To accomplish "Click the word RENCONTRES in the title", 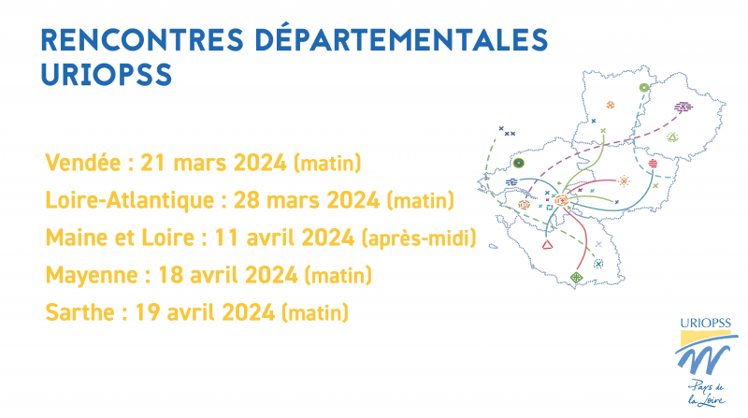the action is [x=142, y=39].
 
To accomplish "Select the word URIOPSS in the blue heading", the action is [x=107, y=75].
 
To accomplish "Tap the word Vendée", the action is [x=83, y=162].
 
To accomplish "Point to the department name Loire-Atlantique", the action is [x=129, y=199].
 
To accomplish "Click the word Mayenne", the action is [x=92, y=275].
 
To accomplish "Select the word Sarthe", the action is [x=80, y=312].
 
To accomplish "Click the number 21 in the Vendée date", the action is [x=152, y=163].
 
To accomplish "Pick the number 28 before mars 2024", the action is [x=246, y=200].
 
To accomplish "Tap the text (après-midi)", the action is [x=419, y=238].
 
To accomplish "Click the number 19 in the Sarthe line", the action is [x=147, y=312].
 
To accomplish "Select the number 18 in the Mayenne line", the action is [x=170, y=275].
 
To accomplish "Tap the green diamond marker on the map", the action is [x=576, y=277].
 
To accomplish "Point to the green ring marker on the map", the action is [x=644, y=88].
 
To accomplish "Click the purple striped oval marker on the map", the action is [x=683, y=107].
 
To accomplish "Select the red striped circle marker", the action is [x=653, y=164].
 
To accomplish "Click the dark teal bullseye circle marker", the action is [x=519, y=164].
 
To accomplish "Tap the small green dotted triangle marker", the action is [x=672, y=137].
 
